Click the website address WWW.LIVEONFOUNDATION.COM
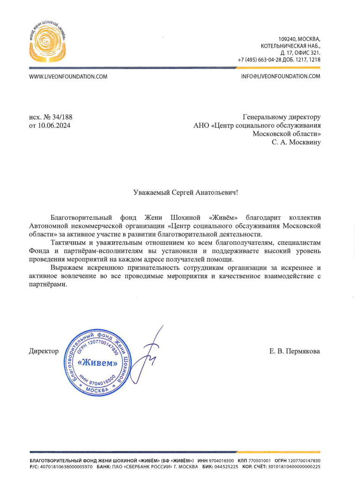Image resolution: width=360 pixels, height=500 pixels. point(68,76)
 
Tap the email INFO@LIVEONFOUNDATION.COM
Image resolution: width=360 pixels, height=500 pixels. point(281,76)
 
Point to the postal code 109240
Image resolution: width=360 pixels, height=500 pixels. point(287,39)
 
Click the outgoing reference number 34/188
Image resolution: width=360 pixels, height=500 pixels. point(62,117)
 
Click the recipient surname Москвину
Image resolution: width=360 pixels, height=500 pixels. point(303,142)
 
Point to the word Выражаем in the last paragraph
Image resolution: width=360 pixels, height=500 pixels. point(66,268)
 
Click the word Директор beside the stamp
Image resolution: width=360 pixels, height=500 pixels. point(44,351)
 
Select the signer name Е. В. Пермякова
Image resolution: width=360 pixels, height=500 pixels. point(295,351)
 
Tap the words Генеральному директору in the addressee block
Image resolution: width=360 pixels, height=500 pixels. point(282,117)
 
